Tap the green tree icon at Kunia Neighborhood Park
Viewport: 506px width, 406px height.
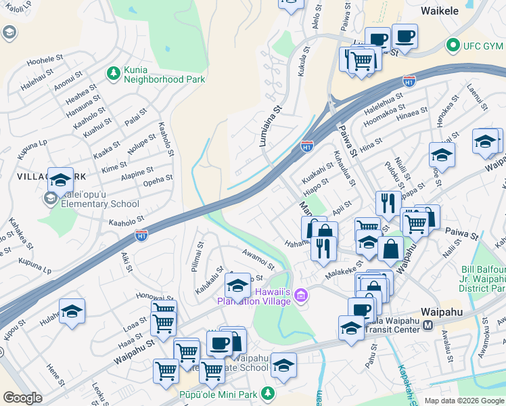click(113, 72)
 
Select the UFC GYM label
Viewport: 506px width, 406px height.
click(484, 46)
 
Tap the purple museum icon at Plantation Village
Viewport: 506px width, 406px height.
click(302, 296)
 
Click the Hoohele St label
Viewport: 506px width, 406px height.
click(45, 60)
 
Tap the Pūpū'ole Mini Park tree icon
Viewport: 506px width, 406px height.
click(268, 392)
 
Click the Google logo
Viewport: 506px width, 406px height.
click(23, 399)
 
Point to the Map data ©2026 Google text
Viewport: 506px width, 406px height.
click(464, 401)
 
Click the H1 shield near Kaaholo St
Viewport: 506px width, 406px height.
click(141, 235)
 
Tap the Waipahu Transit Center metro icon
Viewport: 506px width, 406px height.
click(428, 325)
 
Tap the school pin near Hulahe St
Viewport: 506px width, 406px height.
click(72, 311)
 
